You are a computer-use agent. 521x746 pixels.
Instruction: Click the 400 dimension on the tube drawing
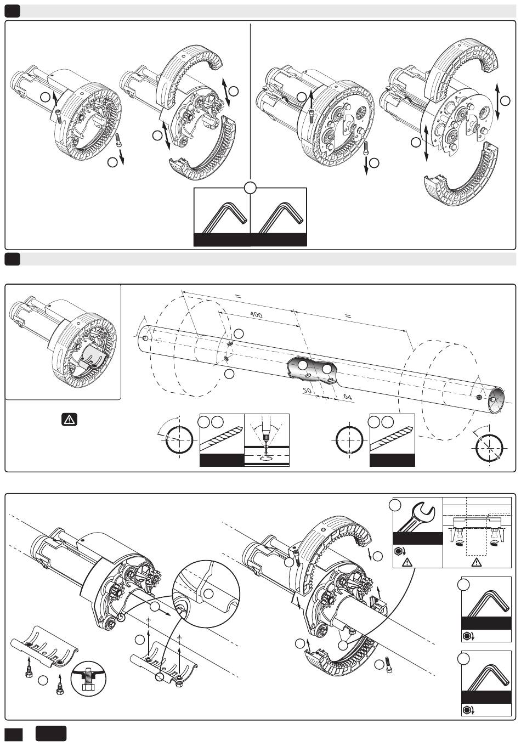[x=256, y=315]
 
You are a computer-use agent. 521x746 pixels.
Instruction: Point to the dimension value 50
[x=307, y=390]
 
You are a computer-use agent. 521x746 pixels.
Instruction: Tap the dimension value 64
[x=347, y=396]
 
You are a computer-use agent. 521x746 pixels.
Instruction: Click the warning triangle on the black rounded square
[x=69, y=420]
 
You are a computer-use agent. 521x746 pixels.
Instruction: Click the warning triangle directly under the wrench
[x=407, y=562]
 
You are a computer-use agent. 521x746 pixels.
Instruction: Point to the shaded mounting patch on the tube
[x=312, y=371]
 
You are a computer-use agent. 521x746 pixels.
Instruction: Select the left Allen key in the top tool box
[x=224, y=217]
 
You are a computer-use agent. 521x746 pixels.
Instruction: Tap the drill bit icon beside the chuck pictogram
[x=222, y=439]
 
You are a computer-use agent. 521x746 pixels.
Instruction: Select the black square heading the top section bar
[x=12, y=12]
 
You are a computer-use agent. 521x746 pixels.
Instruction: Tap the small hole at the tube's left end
[x=145, y=338]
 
